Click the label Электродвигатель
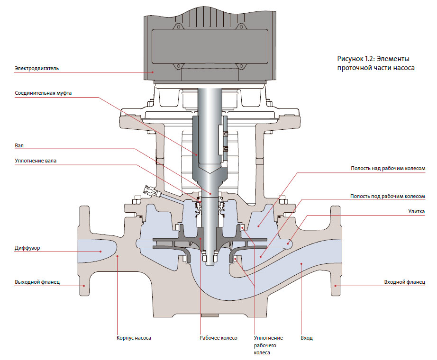(36, 68)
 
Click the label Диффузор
(27, 247)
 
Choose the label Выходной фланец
(36, 282)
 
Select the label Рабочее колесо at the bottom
(218, 338)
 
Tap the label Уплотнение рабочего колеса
(268, 345)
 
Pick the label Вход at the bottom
(307, 338)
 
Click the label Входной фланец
(404, 282)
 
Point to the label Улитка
(416, 211)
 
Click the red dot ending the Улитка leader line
(289, 244)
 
